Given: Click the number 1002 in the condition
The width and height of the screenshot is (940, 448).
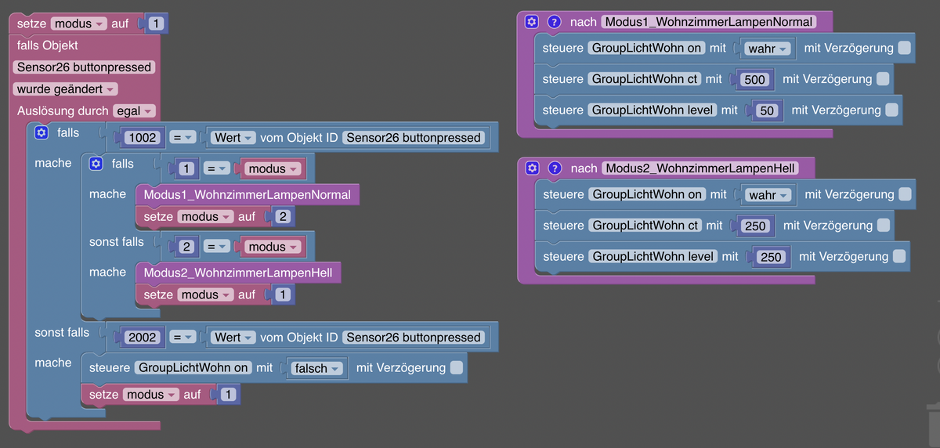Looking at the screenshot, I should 143,138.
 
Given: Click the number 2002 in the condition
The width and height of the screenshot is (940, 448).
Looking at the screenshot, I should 143,338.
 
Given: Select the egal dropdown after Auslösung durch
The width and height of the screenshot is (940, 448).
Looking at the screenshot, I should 135,111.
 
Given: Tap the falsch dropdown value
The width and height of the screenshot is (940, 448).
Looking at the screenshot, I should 317,368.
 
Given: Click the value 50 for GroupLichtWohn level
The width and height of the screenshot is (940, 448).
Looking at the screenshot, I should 767,110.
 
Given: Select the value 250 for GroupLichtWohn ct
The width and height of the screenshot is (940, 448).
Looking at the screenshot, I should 756,226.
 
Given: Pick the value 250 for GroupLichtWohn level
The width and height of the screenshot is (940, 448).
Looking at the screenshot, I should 772,257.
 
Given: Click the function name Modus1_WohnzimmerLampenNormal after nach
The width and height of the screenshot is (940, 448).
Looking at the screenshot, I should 708,22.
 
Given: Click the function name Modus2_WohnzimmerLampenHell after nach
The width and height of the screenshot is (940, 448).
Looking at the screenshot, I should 700,168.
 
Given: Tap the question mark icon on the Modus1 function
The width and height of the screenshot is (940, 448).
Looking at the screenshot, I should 554,22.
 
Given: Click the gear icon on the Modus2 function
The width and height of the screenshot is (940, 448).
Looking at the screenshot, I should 532,168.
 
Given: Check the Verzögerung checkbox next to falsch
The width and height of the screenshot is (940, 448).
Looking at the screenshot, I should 457,367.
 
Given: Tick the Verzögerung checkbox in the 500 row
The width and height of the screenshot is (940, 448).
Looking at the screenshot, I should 883,79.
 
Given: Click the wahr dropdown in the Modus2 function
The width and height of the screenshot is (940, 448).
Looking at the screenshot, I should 767,194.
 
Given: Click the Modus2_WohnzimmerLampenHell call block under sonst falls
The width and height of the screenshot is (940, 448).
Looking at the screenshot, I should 238,273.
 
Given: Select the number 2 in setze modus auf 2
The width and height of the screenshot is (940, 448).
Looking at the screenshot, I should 283,216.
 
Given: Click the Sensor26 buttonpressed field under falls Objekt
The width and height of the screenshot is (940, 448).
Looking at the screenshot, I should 84,67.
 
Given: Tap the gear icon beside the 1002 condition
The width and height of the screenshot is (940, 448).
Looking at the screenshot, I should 42,133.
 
